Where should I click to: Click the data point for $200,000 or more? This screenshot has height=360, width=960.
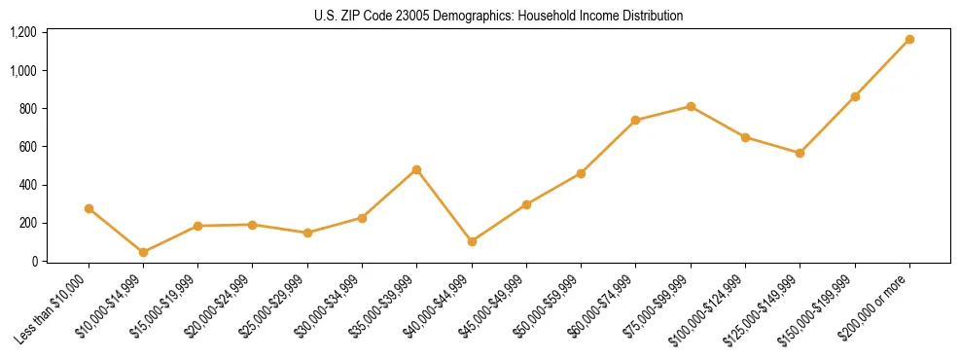coord(909,40)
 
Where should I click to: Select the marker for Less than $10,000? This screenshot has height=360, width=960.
coord(89,208)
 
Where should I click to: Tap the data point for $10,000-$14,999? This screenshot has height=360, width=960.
coord(144,252)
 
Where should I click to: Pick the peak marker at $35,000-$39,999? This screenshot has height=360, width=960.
coord(417,169)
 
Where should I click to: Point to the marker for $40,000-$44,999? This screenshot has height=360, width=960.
coord(472,241)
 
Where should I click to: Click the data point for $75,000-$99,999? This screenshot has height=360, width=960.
coord(691,106)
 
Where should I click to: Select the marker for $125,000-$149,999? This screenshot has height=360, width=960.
coord(800,153)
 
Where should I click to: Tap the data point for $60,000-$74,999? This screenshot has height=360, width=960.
coord(636,121)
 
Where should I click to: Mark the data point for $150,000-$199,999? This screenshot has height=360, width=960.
coord(855,96)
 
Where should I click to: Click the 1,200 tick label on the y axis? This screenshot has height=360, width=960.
coord(22,32)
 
